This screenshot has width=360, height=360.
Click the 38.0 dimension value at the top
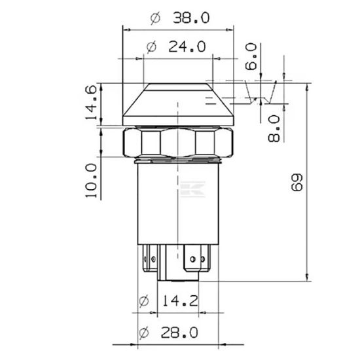click(x=191, y=18)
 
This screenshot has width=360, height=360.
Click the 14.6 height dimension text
click(x=92, y=102)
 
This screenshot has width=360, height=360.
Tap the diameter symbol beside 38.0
click(x=155, y=18)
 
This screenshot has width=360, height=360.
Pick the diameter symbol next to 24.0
click(x=151, y=47)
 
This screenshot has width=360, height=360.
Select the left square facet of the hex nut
click(x=149, y=141)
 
